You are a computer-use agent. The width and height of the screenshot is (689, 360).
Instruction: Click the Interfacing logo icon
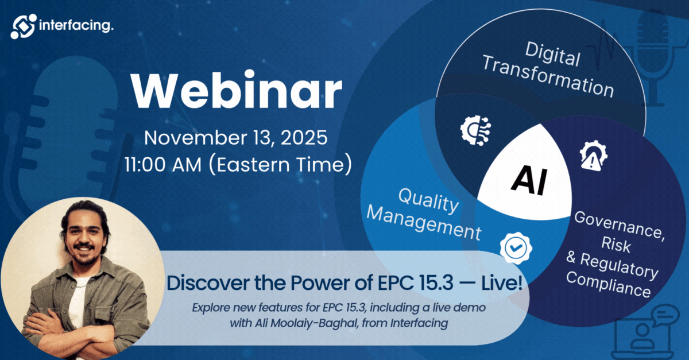click(x=24, y=26)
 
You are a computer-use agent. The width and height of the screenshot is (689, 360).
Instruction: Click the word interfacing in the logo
click(x=76, y=25)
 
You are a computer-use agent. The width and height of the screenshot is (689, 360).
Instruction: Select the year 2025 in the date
click(x=304, y=138)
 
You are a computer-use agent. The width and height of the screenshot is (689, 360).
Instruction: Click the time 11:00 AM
click(x=163, y=164)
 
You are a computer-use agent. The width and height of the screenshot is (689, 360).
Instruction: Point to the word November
click(x=195, y=138)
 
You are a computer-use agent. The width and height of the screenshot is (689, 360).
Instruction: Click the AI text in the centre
click(x=529, y=180)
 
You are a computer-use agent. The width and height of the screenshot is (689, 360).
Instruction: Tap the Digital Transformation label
click(x=549, y=71)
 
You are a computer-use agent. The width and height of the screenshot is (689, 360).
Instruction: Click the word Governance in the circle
click(x=620, y=224)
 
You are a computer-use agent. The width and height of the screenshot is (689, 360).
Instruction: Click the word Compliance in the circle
click(x=609, y=284)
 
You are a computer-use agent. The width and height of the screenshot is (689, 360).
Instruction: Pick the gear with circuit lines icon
click(x=475, y=130)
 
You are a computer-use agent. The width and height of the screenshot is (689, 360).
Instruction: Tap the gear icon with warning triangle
click(x=593, y=156)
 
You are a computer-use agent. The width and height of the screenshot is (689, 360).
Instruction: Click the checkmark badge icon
click(x=516, y=248)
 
